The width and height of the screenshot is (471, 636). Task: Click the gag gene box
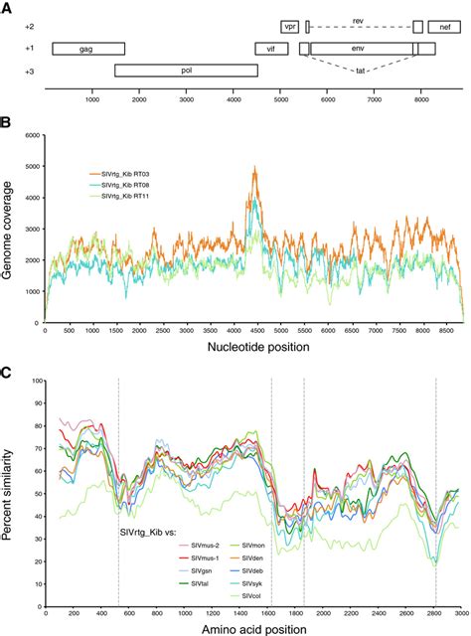tap(88, 49)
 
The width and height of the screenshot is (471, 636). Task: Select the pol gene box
tap(186, 71)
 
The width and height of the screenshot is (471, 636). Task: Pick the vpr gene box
tap(290, 27)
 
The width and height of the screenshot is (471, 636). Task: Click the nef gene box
tap(444, 27)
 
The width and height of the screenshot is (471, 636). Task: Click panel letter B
tap(7, 126)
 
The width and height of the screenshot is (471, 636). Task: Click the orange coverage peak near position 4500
tap(255, 171)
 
